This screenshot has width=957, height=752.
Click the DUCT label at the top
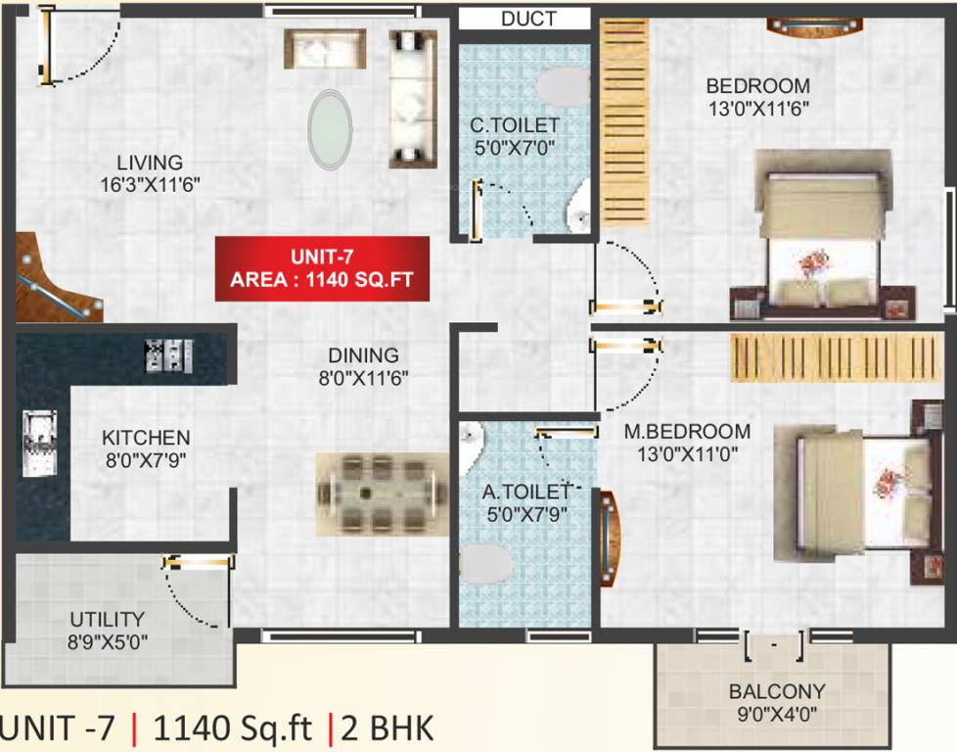coord(528,19)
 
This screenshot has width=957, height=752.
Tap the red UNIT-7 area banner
coord(322,268)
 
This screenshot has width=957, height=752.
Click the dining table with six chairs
coord(377,493)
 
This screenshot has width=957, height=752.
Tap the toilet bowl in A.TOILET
coord(486,565)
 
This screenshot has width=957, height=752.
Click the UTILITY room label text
coord(107,620)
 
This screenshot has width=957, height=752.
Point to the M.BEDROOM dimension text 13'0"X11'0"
coord(687,453)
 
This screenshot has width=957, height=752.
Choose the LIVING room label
coord(149,163)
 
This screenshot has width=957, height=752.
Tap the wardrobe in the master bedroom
coord(821,357)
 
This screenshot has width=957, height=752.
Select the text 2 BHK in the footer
coord(387,728)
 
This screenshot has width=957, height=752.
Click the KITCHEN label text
coord(146,438)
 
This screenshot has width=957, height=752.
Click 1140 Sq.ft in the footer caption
coord(233,728)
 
